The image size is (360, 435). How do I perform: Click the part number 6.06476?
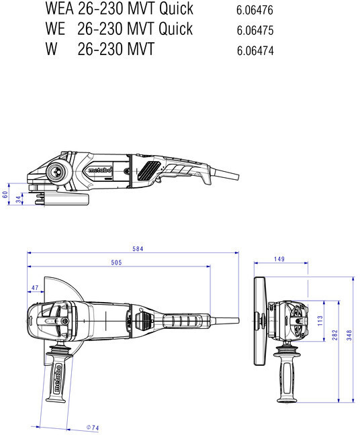255,10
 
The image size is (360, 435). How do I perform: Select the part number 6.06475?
255,30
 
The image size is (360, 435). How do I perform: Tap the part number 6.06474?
255,51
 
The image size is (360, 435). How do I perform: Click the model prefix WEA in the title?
59,9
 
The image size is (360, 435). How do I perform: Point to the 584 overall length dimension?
138,249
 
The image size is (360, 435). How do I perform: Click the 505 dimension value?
116,262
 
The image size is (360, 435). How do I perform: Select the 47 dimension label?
35,288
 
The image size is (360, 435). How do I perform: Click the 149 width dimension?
279,259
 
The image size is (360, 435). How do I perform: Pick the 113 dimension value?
320,321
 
